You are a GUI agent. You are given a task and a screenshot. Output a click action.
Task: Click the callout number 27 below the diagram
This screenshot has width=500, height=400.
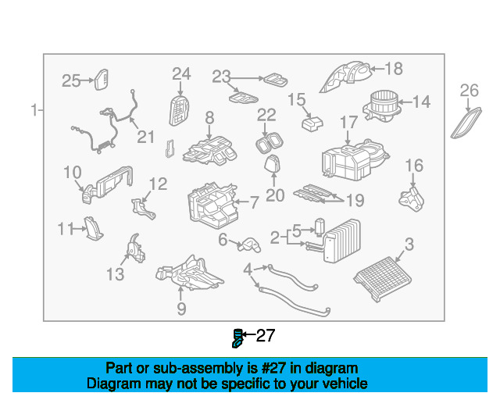(x=266, y=336)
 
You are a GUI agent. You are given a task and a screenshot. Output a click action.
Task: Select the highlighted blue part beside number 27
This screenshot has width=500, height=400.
(x=237, y=338)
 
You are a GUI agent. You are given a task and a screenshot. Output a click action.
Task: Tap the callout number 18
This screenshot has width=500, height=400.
(x=394, y=69)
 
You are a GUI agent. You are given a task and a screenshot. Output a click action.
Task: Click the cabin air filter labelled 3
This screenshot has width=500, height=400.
(x=383, y=279)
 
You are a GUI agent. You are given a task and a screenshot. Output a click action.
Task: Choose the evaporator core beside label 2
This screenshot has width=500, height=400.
(x=341, y=241)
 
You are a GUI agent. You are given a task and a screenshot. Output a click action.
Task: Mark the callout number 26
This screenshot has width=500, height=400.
(x=469, y=91)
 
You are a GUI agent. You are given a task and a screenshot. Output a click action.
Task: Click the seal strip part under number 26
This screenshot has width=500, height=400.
(x=466, y=123)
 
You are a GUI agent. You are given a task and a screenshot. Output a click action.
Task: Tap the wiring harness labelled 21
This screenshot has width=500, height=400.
(x=105, y=127)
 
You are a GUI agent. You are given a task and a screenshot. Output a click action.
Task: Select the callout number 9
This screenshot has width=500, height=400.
(x=181, y=309)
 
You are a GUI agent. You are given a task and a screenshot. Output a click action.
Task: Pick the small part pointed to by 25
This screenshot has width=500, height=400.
(x=102, y=80)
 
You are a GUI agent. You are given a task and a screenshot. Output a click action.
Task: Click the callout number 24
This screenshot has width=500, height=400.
(x=181, y=74)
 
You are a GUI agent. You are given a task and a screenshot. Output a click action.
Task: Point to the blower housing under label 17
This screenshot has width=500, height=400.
(x=355, y=159)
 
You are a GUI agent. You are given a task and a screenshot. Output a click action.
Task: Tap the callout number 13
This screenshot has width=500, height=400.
(x=115, y=274)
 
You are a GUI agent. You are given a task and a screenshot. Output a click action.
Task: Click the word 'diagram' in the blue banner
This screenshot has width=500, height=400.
(x=331, y=369)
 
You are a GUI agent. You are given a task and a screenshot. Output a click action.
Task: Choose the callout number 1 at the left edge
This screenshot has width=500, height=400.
(x=34, y=110)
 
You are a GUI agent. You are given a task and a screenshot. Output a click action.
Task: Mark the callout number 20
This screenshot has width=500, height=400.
(x=275, y=195)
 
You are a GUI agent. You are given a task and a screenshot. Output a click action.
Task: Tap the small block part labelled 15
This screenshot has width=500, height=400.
(x=312, y=123)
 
